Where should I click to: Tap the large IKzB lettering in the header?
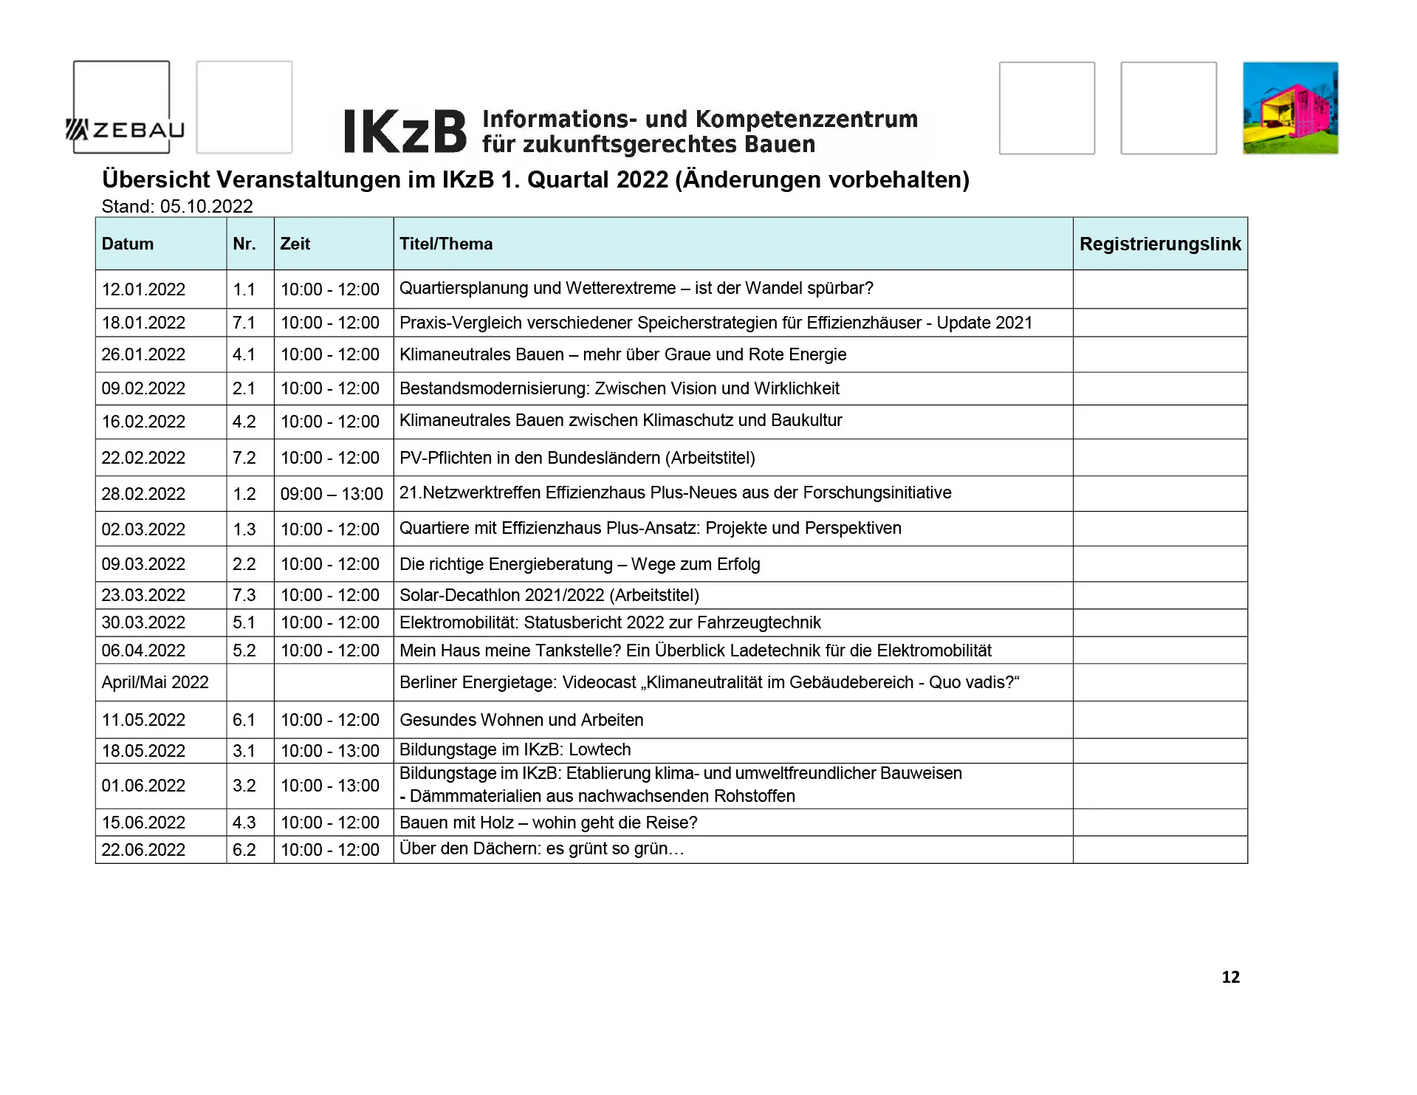click(405, 132)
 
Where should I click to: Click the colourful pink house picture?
click(1290, 108)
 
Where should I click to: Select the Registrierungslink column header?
click(1159, 244)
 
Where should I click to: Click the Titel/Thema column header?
click(445, 244)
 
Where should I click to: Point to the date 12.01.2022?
click(143, 289)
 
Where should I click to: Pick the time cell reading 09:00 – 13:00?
click(332, 494)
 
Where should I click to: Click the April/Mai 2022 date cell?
click(155, 682)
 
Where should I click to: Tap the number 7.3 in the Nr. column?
click(244, 595)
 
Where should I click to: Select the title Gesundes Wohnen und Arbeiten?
click(521, 720)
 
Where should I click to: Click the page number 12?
click(1230, 977)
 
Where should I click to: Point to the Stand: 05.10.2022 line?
click(177, 207)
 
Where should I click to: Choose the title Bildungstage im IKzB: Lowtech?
click(515, 750)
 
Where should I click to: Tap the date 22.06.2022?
click(143, 850)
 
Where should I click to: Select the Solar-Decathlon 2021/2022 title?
click(549, 595)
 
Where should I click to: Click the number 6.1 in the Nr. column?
click(244, 720)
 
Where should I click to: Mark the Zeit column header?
click(295, 244)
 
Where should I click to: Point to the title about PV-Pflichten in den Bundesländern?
click(577, 458)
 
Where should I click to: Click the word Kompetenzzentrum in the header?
click(806, 120)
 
